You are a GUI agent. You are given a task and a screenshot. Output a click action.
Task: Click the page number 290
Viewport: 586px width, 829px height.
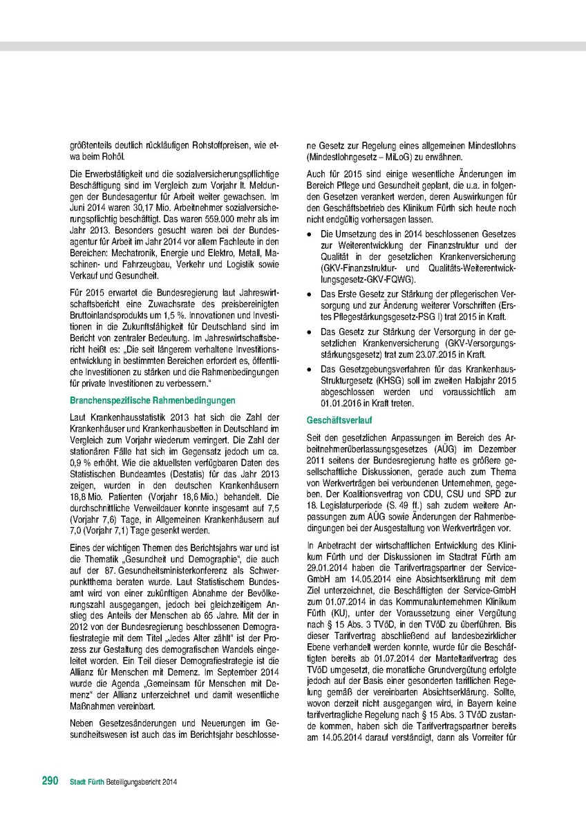coord(50,781)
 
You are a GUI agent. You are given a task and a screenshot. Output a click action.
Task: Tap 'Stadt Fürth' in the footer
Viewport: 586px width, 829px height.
coord(87,781)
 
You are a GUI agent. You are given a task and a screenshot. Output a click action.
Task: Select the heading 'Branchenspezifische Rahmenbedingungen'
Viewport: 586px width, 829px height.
coord(153,401)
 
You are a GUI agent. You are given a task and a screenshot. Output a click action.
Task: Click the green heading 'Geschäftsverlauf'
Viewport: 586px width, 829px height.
coord(336,420)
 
